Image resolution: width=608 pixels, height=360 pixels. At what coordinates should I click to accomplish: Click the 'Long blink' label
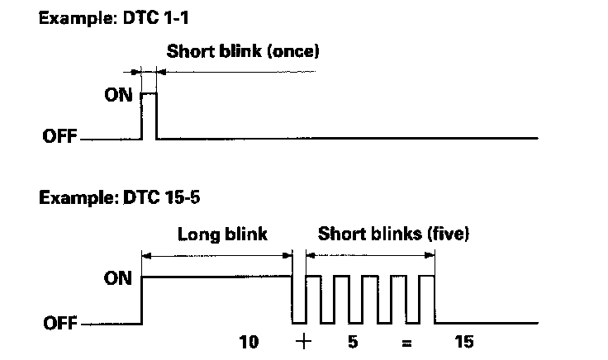point(223,234)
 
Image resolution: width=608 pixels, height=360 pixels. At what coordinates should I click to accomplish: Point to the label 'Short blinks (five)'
point(393,234)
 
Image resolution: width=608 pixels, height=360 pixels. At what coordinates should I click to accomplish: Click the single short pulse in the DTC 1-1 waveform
point(149,116)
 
